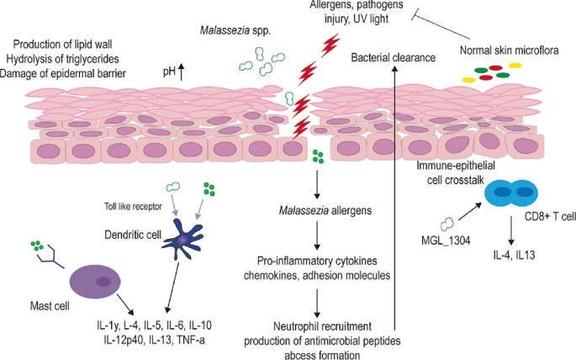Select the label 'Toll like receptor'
pyautogui.click(x=126, y=204)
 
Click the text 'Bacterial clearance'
pyautogui.click(x=394, y=58)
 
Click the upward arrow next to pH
pyautogui.click(x=182, y=72)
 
